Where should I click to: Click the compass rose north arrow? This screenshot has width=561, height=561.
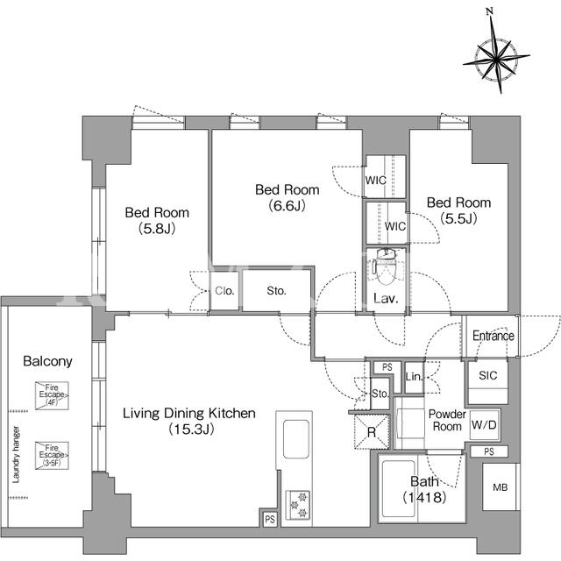click(x=496, y=56)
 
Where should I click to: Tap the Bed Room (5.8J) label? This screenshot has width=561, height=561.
click(x=157, y=220)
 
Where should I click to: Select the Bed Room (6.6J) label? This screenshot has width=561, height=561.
click(x=287, y=197)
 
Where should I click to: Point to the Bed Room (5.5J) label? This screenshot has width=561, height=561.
click(x=458, y=210)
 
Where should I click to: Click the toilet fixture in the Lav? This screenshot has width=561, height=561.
click(x=385, y=266)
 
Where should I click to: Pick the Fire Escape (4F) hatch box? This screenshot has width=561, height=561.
click(x=52, y=395)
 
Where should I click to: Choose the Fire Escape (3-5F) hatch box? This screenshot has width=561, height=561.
click(x=52, y=456)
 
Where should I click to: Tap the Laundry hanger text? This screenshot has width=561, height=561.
click(x=16, y=454)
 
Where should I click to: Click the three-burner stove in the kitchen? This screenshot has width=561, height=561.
click(x=298, y=505)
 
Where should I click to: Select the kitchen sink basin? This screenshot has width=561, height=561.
click(x=296, y=439)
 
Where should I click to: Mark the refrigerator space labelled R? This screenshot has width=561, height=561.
click(x=372, y=431)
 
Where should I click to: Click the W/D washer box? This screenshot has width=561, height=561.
click(x=484, y=425)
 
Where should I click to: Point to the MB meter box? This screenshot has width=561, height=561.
click(x=501, y=487)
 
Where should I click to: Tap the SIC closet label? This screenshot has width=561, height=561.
click(x=488, y=375)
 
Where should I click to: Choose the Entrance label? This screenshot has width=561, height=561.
click(x=494, y=336)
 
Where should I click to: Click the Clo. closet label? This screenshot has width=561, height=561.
click(x=224, y=291)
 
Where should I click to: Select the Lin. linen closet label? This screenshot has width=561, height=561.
click(x=414, y=376)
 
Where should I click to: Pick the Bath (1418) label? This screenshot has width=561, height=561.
click(x=424, y=489)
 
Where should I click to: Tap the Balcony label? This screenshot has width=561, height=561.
click(x=47, y=361)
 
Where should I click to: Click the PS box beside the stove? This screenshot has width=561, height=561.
click(x=270, y=519)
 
